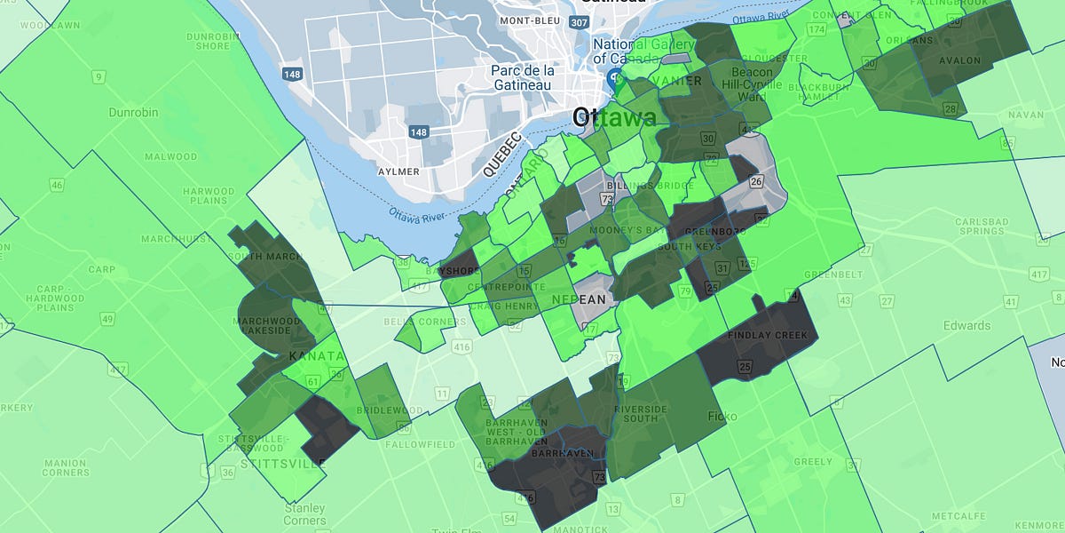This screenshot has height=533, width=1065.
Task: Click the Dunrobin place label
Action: [133, 113]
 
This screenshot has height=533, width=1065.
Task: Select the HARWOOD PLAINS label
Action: [209, 196]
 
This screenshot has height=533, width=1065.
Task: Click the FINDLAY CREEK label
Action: [768, 336]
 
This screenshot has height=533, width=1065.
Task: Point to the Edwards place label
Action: [966, 325]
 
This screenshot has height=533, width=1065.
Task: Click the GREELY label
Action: [813, 462]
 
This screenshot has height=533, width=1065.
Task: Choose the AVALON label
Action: [962, 60]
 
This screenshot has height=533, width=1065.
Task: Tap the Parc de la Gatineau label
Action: [521, 77]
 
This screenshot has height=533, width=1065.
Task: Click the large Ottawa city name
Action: [615, 117]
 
